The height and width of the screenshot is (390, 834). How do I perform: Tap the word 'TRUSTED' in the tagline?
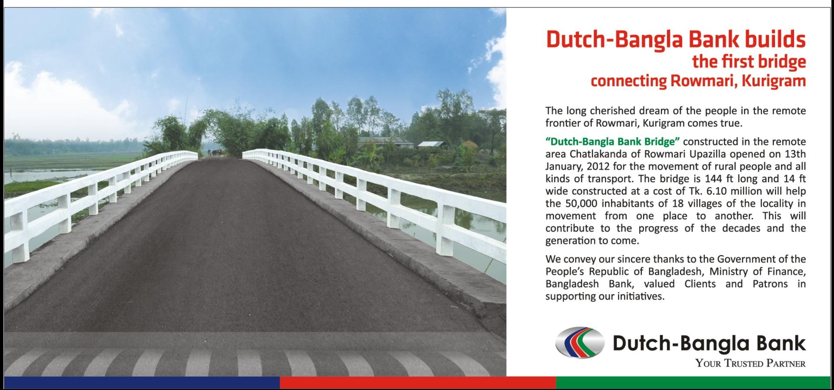(x=744, y=363)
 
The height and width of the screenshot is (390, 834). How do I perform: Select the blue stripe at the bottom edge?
(x=142, y=383)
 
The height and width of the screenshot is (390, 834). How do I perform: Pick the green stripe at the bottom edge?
(x=693, y=383)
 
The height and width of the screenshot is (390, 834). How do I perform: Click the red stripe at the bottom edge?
(x=418, y=383)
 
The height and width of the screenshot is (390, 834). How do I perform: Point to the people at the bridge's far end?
(x=217, y=152)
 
